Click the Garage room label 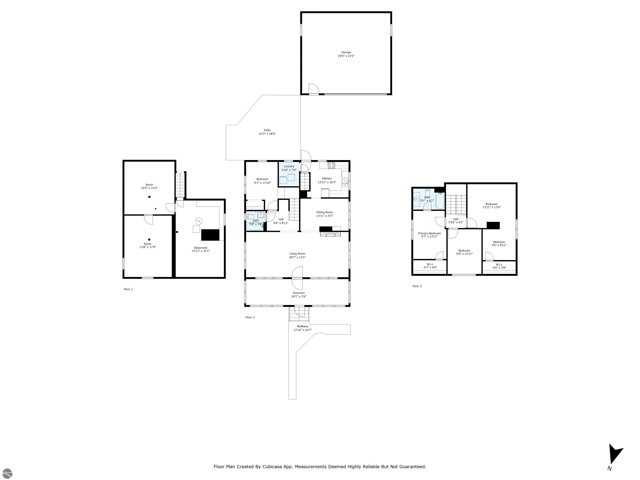[346, 52]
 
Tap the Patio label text [267, 130]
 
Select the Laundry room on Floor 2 [289, 174]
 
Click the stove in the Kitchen [331, 165]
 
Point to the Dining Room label [325, 212]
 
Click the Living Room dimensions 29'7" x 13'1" [297, 257]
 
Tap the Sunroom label [299, 293]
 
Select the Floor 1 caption [128, 289]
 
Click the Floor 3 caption [417, 286]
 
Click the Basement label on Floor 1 [200, 248]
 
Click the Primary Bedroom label [429, 233]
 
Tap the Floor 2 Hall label [281, 219]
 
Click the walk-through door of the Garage [314, 89]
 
